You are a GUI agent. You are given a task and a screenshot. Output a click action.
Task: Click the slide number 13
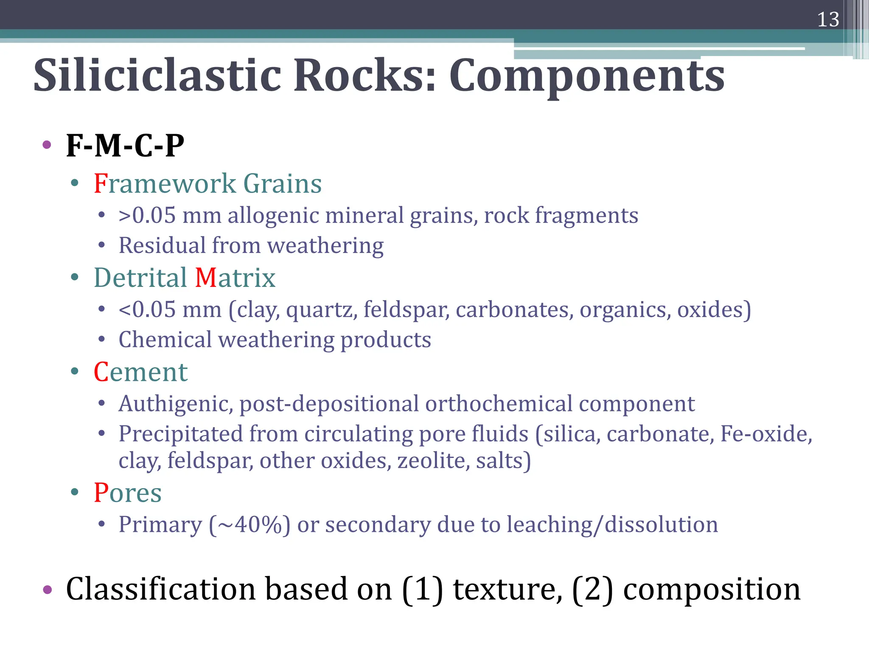coord(828,20)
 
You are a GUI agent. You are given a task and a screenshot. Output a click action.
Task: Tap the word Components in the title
coord(587,76)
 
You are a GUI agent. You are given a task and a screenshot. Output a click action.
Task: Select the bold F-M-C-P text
coord(125,146)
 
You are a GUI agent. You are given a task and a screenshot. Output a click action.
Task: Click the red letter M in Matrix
coord(206,278)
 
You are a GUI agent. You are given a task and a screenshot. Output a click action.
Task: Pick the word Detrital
coord(140,278)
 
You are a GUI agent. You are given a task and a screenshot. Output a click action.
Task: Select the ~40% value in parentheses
coord(250,525)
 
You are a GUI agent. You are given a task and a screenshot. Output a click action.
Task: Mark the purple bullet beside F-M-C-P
coord(47,145)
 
